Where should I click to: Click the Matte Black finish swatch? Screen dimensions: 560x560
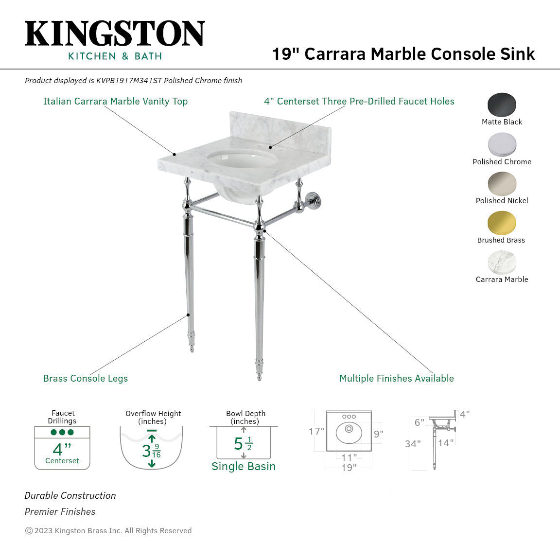pos(502,105)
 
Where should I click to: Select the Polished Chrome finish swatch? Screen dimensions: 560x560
pos(502,144)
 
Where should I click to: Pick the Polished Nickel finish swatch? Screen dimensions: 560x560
pos(502,184)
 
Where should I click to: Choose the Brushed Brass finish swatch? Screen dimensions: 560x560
pos(502,223)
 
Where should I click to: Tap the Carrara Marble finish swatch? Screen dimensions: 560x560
pos(502,262)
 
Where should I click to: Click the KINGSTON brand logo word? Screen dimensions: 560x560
pos(115,34)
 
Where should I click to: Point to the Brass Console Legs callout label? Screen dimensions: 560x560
pos(86,378)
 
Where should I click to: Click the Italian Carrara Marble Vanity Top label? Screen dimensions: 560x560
pos(115,101)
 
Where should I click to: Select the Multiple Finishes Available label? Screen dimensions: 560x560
pos(396,378)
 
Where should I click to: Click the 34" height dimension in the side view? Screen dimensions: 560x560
pos(413,444)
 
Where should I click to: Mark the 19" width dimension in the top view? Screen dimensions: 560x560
pos(349,468)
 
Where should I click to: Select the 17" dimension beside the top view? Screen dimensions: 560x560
pos(316,431)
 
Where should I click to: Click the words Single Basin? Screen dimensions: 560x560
pos(244,466)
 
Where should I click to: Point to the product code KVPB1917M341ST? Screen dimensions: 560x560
pos(129,81)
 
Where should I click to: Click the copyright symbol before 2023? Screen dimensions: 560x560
pos(29,531)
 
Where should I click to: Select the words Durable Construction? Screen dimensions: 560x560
pos(70,495)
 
